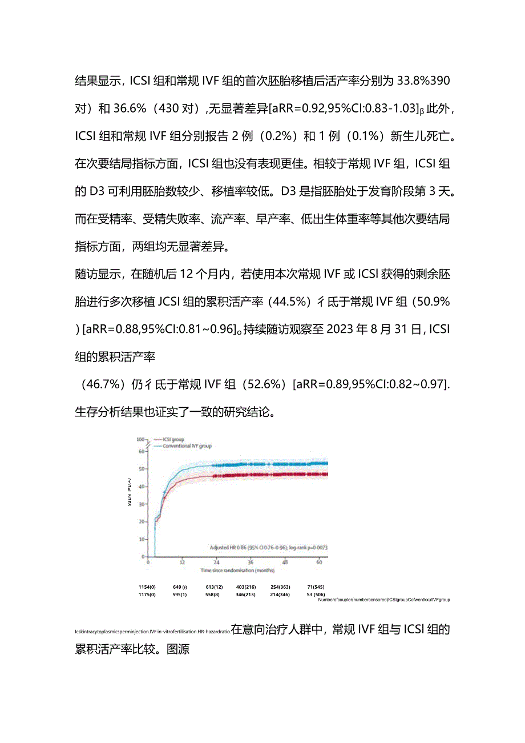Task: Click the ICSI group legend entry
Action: tap(173, 439)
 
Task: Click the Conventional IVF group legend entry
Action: tap(187, 445)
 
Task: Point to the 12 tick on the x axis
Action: tap(182, 562)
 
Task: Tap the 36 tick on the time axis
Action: tap(250, 562)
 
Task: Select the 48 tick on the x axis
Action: tap(285, 562)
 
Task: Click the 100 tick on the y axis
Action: tap(140, 439)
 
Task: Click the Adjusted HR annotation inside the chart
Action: tap(268, 547)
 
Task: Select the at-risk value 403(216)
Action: tap(245, 587)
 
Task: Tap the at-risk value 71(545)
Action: tap(316, 587)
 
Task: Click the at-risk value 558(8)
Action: tap(213, 595)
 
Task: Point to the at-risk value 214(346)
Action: tap(280, 595)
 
